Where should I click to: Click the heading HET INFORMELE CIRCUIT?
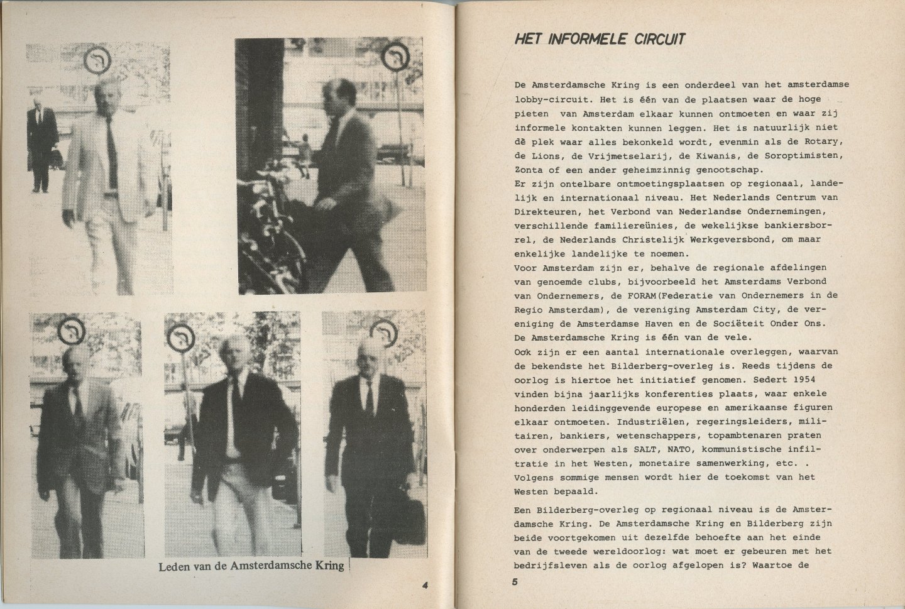click(599, 39)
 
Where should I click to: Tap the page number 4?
click(425, 585)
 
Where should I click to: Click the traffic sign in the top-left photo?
click(97, 59)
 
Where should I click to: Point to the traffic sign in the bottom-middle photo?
click(180, 340)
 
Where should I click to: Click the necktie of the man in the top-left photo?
click(111, 145)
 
